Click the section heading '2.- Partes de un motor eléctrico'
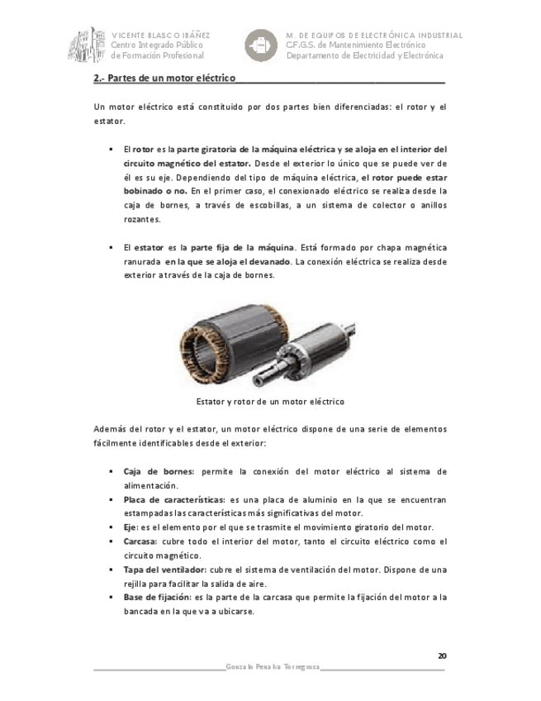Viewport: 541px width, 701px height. tap(164, 79)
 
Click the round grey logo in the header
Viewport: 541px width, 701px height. tap(263, 45)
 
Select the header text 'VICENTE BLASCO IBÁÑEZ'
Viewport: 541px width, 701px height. tap(160, 36)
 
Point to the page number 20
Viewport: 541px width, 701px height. tap(442, 656)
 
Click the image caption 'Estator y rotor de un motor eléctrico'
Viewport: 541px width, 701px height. tap(269, 401)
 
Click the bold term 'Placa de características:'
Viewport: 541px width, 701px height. tap(174, 500)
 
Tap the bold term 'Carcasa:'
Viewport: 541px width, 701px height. tap(141, 541)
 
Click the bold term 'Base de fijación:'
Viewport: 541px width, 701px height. tap(157, 598)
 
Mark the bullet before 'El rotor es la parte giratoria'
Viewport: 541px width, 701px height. tap(110, 150)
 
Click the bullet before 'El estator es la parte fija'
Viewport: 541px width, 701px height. tap(110, 247)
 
